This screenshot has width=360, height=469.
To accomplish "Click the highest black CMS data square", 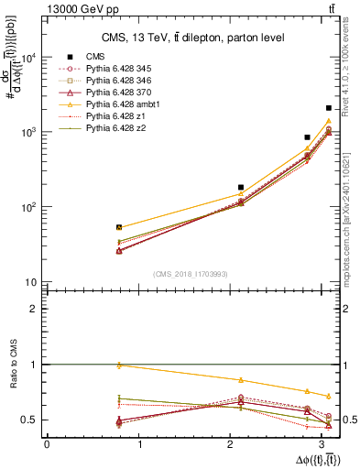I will (328, 108).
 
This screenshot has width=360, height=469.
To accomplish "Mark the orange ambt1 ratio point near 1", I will (119, 365).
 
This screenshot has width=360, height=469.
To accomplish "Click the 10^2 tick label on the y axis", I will (29, 207).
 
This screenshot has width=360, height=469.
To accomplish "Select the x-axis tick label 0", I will (47, 444).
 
